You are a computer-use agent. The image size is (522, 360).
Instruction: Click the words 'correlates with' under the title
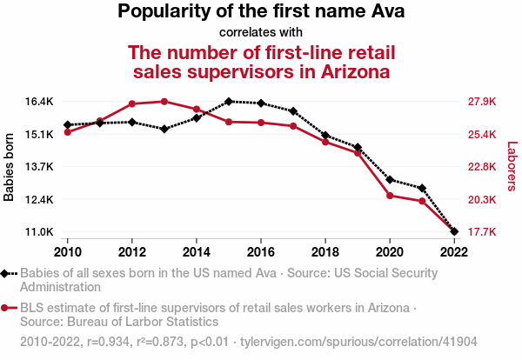tap(261, 33)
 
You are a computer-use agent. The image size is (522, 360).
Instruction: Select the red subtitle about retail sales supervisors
tap(261, 61)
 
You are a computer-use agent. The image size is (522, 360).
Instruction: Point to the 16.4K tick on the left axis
tap(40, 102)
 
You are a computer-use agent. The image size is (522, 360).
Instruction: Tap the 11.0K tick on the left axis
tap(40, 232)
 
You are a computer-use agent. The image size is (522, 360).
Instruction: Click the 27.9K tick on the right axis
tap(482, 102)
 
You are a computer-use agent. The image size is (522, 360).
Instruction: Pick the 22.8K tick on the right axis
tap(482, 167)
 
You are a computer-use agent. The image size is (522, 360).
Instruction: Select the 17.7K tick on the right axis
tap(482, 232)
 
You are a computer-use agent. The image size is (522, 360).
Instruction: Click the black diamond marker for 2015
tap(228, 101)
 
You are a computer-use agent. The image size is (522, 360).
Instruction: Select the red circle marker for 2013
tap(164, 101)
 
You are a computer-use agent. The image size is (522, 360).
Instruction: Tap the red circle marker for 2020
tap(390, 195)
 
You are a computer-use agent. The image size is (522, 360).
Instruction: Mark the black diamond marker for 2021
tap(422, 188)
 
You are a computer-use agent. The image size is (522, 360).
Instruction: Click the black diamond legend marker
tap(6, 273)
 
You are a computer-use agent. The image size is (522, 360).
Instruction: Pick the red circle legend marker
tap(6, 308)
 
